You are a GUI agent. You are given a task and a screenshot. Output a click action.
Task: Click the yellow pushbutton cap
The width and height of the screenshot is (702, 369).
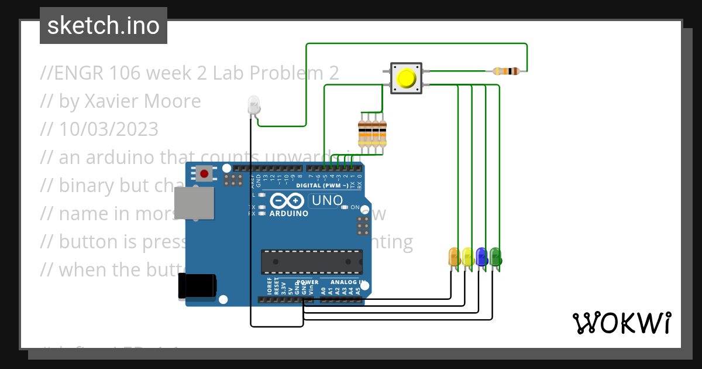pos(407,78)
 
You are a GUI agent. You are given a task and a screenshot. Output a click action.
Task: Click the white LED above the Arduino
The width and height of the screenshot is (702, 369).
pos(254,105)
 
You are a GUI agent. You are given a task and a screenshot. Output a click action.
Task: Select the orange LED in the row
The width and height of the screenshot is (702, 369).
pos(454,257)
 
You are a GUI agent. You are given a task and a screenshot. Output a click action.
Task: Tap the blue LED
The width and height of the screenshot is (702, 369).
pos(481,257)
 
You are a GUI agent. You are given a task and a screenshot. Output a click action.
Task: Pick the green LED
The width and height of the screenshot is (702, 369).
pos(495,257)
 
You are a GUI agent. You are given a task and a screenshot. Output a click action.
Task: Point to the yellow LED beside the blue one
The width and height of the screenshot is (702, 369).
pos(467,257)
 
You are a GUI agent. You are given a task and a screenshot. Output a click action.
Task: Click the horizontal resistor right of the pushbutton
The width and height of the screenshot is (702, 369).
pos(506,71)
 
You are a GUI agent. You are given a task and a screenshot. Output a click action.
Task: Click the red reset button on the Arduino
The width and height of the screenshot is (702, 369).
pos(204,173)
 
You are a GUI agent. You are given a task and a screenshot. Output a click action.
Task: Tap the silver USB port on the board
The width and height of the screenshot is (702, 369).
pos(194,203)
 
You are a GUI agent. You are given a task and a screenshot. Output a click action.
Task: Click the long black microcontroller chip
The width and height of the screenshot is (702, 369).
pos(311,262)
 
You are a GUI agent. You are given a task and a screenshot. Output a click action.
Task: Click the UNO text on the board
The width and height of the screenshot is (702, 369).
pos(327,200)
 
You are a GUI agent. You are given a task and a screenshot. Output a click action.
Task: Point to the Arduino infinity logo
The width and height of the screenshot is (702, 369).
pos(287,201)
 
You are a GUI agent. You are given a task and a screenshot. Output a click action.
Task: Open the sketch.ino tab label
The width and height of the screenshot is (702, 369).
pos(104,26)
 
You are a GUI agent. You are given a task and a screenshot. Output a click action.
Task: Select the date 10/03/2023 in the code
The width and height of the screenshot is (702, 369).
pos(108,129)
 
